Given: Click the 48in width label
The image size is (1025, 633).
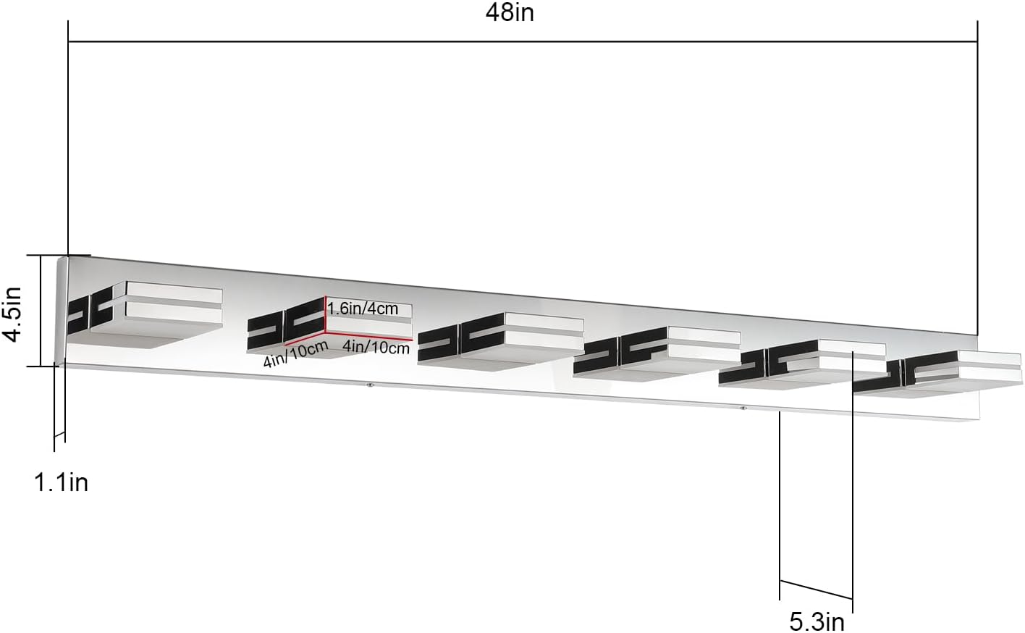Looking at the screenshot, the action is (510, 12).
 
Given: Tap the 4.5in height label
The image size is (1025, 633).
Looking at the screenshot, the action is (12, 314).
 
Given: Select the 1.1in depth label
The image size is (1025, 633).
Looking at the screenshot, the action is (62, 483).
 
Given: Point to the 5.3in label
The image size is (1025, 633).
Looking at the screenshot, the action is (817, 622).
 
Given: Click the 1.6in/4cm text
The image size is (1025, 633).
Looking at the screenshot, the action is (363, 309).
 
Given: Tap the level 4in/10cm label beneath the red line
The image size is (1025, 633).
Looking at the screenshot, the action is (376, 348).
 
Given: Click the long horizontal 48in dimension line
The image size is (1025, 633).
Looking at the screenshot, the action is (523, 42).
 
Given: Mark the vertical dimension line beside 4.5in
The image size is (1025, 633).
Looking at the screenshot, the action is (41, 310).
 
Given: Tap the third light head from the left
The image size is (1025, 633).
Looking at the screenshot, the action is (501, 339).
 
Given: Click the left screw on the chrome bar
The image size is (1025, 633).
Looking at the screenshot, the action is (370, 385).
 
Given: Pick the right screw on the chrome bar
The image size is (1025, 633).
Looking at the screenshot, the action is (743, 408).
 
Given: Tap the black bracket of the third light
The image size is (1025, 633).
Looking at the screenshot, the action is (461, 339).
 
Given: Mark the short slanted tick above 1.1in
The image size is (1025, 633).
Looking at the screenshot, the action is (59, 435).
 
